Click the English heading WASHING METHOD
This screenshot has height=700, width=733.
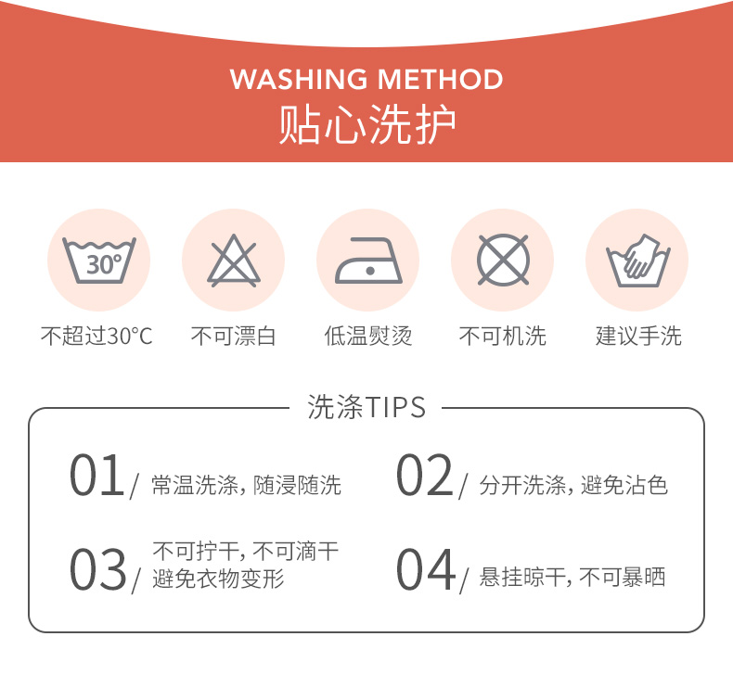366,79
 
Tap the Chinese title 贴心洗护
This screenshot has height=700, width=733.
367,124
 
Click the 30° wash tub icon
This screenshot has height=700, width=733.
99,261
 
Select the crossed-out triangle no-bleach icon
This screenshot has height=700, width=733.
233,261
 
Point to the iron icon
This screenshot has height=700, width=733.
368,261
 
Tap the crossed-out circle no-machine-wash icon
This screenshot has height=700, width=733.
503,261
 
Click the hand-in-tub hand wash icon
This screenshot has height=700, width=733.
637,261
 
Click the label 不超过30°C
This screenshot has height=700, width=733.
96,336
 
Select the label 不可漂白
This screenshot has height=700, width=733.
233,336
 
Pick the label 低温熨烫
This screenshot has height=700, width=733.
368,336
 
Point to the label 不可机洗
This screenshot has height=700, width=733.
503,336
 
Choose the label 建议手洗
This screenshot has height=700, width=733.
638,336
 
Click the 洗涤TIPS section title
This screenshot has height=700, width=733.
366,407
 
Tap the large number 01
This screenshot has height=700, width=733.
96,475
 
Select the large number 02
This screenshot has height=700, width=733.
424,475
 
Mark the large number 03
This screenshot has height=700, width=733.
97,568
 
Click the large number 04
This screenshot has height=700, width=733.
425,568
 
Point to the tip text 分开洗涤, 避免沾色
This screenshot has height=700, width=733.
573,485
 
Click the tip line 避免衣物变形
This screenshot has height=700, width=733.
218,579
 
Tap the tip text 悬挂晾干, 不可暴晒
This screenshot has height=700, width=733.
572,578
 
